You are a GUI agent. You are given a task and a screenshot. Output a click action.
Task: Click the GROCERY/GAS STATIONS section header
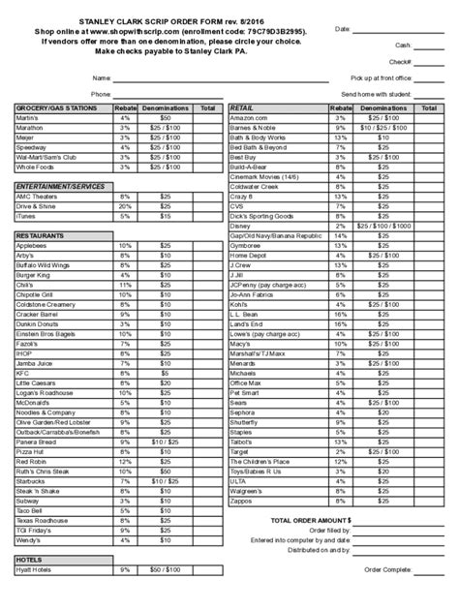coord(56,108)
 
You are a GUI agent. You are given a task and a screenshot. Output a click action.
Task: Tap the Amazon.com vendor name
coord(248,117)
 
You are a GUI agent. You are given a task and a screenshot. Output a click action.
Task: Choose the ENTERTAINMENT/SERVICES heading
coord(60,184)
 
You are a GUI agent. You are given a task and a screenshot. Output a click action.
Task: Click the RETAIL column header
coord(242,108)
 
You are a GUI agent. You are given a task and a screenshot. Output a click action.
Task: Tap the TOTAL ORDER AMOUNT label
coord(306,520)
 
